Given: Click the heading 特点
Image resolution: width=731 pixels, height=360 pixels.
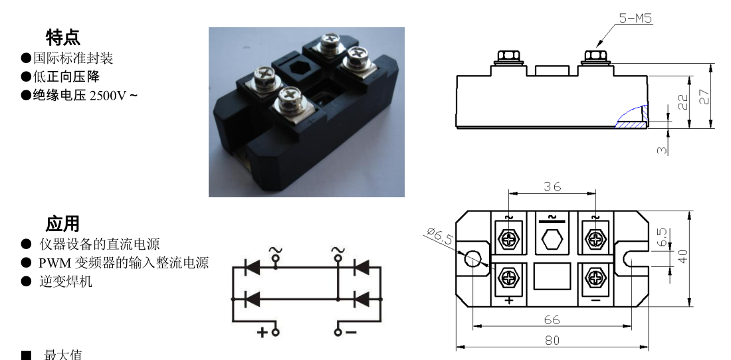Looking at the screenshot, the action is [x=63, y=37].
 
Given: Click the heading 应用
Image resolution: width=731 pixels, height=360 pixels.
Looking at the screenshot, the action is [x=63, y=224].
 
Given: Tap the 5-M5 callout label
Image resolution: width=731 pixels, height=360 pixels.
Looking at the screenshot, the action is [x=635, y=18].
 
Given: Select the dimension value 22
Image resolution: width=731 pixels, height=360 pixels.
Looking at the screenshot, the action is [x=683, y=102].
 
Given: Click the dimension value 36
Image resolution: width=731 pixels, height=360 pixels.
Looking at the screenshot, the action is [x=552, y=186].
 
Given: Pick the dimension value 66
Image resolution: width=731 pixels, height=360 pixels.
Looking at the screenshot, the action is [x=552, y=320].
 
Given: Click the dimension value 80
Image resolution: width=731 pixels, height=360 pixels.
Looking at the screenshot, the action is [x=552, y=341].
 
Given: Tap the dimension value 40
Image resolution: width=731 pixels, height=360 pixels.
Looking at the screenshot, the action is [x=683, y=256].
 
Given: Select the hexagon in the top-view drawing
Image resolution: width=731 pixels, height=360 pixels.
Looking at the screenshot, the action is [x=552, y=239].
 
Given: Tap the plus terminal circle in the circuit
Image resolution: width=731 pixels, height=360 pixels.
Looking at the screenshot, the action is [x=276, y=332].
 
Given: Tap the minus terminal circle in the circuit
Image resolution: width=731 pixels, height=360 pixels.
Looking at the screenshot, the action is [x=338, y=332].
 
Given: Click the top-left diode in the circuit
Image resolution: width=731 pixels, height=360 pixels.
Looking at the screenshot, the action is [x=253, y=267].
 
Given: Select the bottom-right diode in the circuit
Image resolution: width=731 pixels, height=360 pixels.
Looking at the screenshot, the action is [x=362, y=298].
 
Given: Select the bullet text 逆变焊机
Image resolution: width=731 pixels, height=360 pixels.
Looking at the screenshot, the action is [x=66, y=282].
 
